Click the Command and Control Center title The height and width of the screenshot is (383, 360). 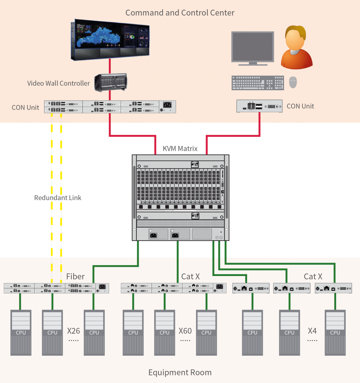(x=180, y=13)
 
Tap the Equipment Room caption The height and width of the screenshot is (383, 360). (x=180, y=373)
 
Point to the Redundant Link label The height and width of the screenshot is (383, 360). (x=58, y=197)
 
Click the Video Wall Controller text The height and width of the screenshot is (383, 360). (x=58, y=83)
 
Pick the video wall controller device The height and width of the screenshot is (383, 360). (x=110, y=83)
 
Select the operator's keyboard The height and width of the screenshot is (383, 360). (x=258, y=83)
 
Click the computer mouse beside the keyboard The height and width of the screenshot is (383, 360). (x=293, y=82)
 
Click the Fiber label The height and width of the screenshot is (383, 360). (x=76, y=277)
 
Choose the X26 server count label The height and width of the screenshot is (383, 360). (x=74, y=331)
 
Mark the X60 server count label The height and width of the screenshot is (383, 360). (x=185, y=331)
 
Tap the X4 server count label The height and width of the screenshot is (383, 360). (x=312, y=331)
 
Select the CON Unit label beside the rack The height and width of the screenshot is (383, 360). (x=25, y=107)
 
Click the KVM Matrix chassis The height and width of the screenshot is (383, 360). (x=180, y=197)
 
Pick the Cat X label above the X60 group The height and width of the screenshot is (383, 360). (x=190, y=277)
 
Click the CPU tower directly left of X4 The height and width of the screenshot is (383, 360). (x=289, y=332)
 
